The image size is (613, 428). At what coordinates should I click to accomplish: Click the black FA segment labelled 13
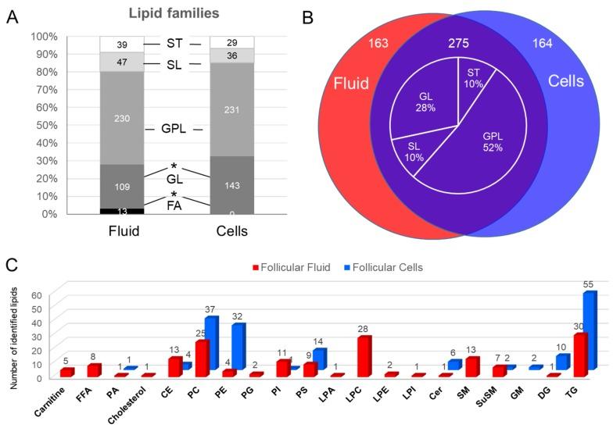[122, 211]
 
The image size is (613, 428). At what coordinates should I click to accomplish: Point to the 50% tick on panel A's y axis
[44, 125]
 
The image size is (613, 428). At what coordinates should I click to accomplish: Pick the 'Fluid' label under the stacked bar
[122, 233]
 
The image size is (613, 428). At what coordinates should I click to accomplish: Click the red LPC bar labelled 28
[363, 355]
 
